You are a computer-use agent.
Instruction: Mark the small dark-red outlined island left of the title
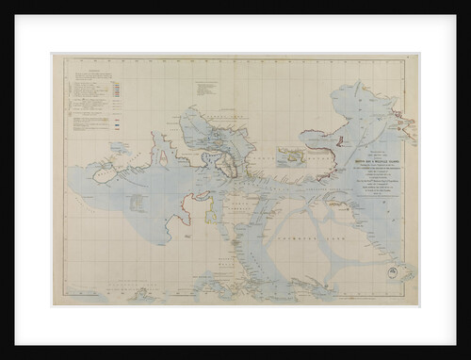tap(339, 143)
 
